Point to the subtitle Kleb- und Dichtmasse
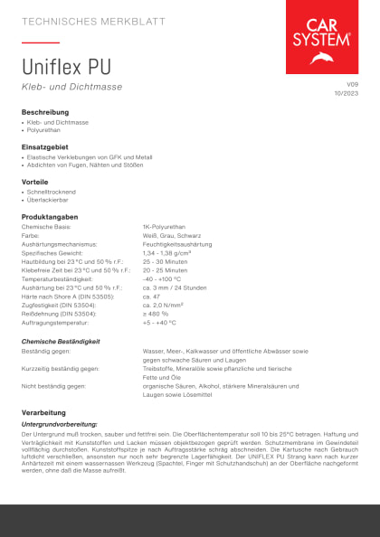pos(71,87)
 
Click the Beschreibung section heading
pos(45,111)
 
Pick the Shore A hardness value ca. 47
pos(151,296)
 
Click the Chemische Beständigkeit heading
pos(61,341)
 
